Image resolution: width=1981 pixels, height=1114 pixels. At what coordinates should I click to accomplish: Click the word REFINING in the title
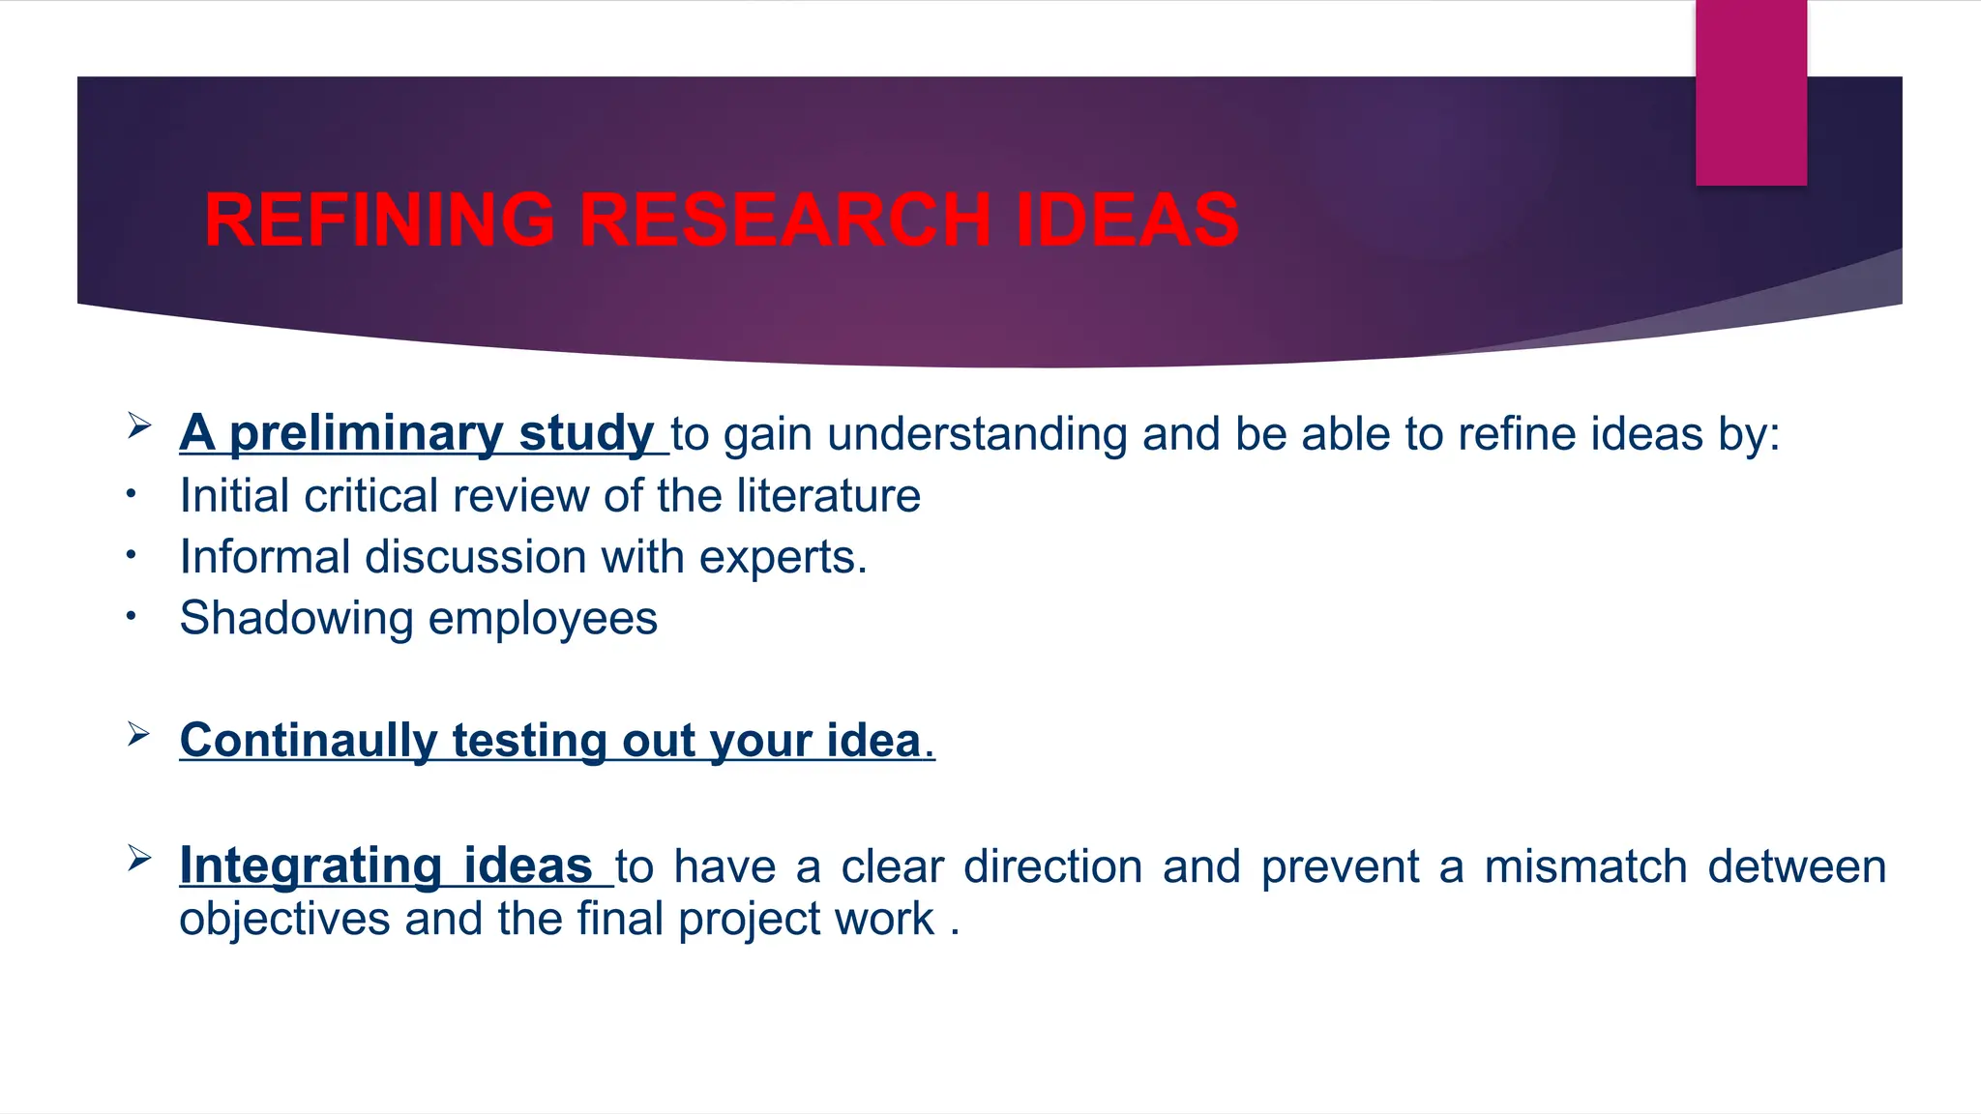coord(379,220)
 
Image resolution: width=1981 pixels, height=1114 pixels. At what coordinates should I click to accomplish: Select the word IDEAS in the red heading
coord(1126,220)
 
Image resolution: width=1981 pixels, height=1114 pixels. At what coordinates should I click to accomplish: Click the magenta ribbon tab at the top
coord(1751,93)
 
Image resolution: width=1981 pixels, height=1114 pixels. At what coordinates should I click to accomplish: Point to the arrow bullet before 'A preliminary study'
coord(138,425)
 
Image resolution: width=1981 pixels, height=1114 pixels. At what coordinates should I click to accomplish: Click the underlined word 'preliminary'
coord(366,433)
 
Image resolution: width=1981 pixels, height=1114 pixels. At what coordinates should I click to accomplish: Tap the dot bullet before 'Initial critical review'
coord(132,496)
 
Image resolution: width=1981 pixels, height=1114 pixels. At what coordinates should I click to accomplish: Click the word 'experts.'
coord(783,557)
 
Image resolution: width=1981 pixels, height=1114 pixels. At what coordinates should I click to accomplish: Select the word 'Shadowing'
coord(296,618)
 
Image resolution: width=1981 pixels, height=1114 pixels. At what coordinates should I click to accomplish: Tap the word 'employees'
coord(543,618)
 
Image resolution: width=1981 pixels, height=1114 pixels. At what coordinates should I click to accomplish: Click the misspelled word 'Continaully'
coord(309,741)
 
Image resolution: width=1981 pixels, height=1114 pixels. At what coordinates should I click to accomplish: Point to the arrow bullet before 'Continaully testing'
coord(138,735)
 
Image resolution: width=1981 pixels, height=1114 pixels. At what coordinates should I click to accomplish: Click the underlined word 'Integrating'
coord(310,865)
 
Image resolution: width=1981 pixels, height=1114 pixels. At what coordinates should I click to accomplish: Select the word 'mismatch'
coord(1585,865)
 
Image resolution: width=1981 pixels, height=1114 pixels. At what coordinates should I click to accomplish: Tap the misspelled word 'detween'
coord(1796,865)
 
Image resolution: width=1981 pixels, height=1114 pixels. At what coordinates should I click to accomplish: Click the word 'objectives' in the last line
coord(283,918)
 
